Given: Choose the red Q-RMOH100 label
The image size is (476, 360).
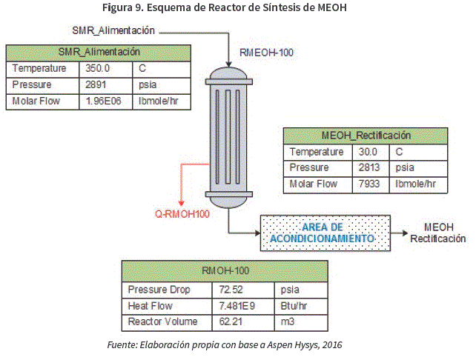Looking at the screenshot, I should [x=182, y=214].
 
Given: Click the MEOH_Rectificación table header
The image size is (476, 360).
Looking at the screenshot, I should [x=366, y=136].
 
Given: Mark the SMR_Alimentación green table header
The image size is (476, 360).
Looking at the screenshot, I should [x=99, y=52].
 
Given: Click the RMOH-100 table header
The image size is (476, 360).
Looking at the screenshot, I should [x=225, y=270].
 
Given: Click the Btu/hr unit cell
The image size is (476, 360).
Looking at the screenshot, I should [x=292, y=305].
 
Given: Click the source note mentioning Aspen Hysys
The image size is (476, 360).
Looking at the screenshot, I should [x=225, y=344].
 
